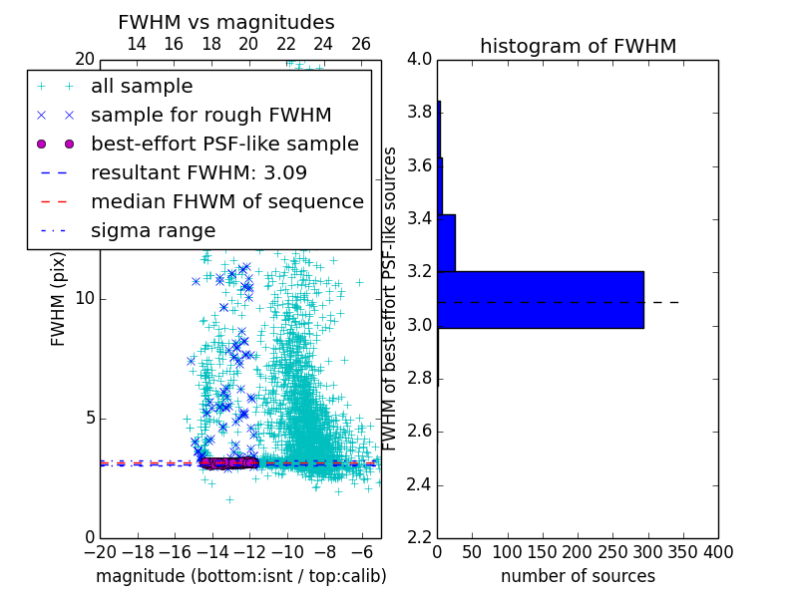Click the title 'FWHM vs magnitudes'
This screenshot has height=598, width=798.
(226, 23)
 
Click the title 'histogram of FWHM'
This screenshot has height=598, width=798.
(578, 46)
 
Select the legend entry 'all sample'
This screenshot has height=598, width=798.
(142, 87)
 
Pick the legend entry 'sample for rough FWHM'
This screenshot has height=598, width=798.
(210, 116)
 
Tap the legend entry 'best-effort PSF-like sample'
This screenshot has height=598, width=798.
(224, 144)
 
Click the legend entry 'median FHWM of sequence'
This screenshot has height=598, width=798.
(226, 201)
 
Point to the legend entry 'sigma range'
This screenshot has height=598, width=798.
(153, 230)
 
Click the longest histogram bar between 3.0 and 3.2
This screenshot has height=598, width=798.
(540, 299)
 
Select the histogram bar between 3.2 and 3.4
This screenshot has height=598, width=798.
(446, 242)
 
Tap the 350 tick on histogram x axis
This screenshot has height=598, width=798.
(683, 551)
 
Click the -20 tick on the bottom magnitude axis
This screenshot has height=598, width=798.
(100, 551)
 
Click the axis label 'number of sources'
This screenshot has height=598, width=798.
(578, 576)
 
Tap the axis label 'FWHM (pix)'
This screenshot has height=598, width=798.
(59, 299)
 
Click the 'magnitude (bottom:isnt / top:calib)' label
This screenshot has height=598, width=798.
(240, 576)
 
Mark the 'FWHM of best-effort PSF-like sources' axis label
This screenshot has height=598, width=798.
(391, 299)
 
